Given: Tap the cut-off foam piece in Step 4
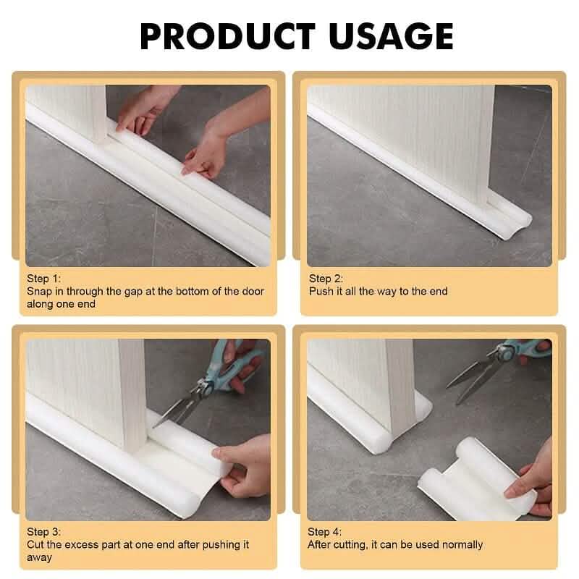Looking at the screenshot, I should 463,481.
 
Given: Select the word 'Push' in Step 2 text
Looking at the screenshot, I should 321,292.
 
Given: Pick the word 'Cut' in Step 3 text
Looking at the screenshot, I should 35,544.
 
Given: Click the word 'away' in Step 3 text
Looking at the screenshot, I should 39,557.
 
